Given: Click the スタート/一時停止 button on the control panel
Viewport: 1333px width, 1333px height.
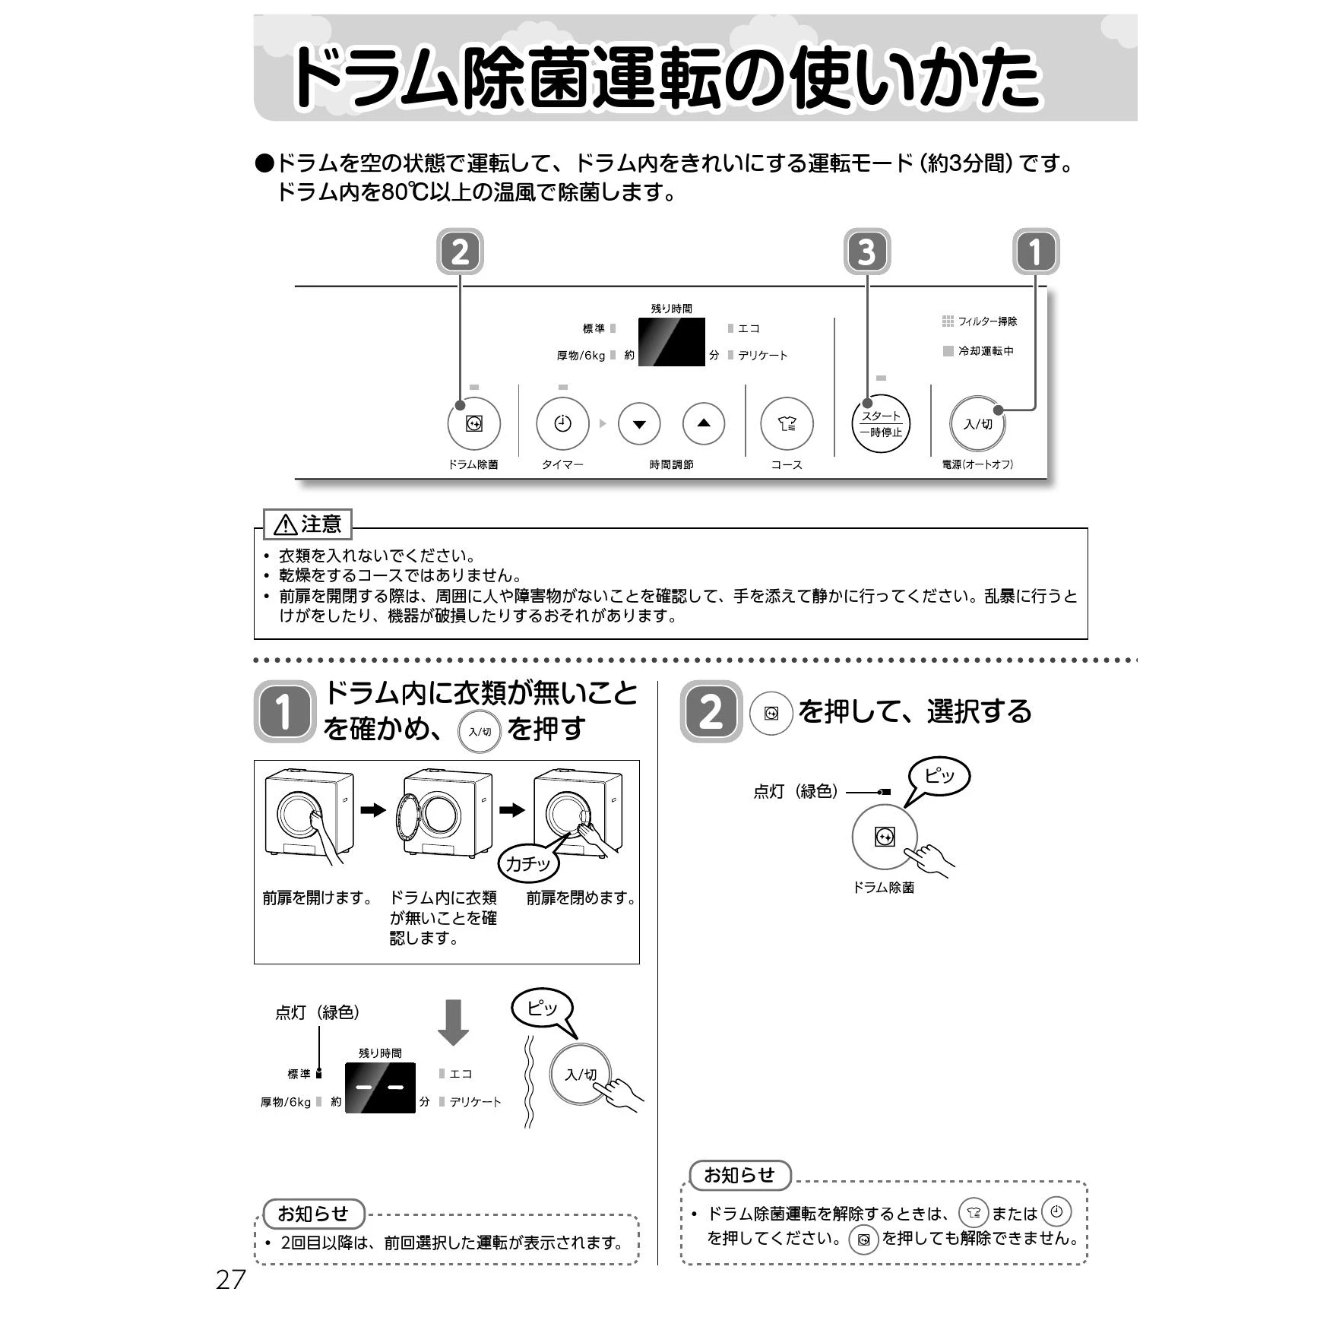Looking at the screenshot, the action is click(x=881, y=424).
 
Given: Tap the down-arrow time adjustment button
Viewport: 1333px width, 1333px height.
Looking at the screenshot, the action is click(x=639, y=424).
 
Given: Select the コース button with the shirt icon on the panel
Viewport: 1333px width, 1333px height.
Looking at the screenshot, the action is click(x=787, y=424).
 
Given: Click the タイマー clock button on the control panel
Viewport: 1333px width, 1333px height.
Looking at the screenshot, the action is click(x=562, y=424).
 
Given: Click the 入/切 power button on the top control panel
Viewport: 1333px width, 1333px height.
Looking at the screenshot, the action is click(x=977, y=424).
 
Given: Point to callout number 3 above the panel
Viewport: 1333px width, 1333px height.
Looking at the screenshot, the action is click(x=867, y=252).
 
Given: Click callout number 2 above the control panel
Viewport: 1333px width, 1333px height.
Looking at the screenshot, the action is click(x=460, y=252).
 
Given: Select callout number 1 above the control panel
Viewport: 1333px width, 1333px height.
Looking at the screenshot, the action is click(x=1036, y=252).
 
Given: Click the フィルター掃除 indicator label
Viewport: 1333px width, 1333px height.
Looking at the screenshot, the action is click(x=987, y=321).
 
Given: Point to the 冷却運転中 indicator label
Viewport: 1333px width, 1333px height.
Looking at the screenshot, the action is click(x=986, y=351).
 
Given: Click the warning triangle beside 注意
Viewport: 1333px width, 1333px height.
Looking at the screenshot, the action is click(x=285, y=524).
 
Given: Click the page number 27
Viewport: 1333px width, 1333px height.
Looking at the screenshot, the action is click(x=231, y=1280).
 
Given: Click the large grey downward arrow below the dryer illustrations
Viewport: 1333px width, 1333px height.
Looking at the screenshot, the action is click(x=454, y=1022).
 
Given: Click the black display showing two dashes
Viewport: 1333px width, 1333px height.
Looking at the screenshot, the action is click(x=380, y=1088).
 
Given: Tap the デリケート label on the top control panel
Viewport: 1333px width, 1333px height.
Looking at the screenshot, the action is click(x=763, y=355).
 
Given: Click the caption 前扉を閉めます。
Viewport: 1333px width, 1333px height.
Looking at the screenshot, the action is click(x=581, y=898).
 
